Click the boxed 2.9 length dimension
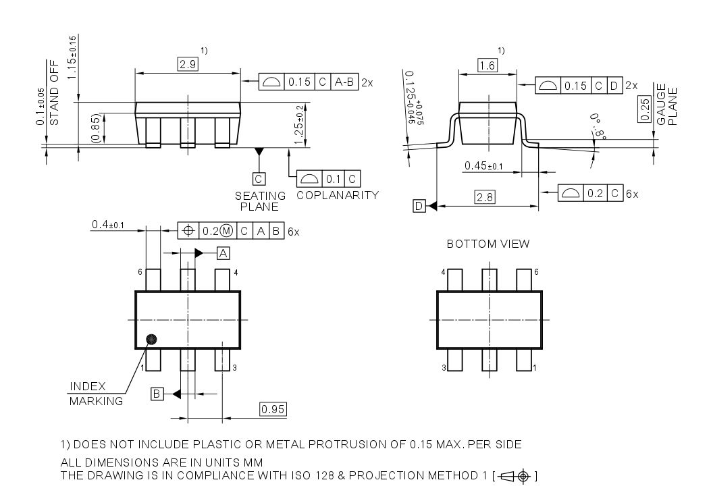[187, 65]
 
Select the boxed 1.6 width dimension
[487, 65]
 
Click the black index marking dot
[152, 338]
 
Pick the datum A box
[223, 253]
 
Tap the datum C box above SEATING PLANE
[259, 178]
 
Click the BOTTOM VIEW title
[488, 244]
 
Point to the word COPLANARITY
[338, 195]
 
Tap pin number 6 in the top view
[140, 272]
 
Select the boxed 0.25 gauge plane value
[644, 110]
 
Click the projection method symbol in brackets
[516, 477]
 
